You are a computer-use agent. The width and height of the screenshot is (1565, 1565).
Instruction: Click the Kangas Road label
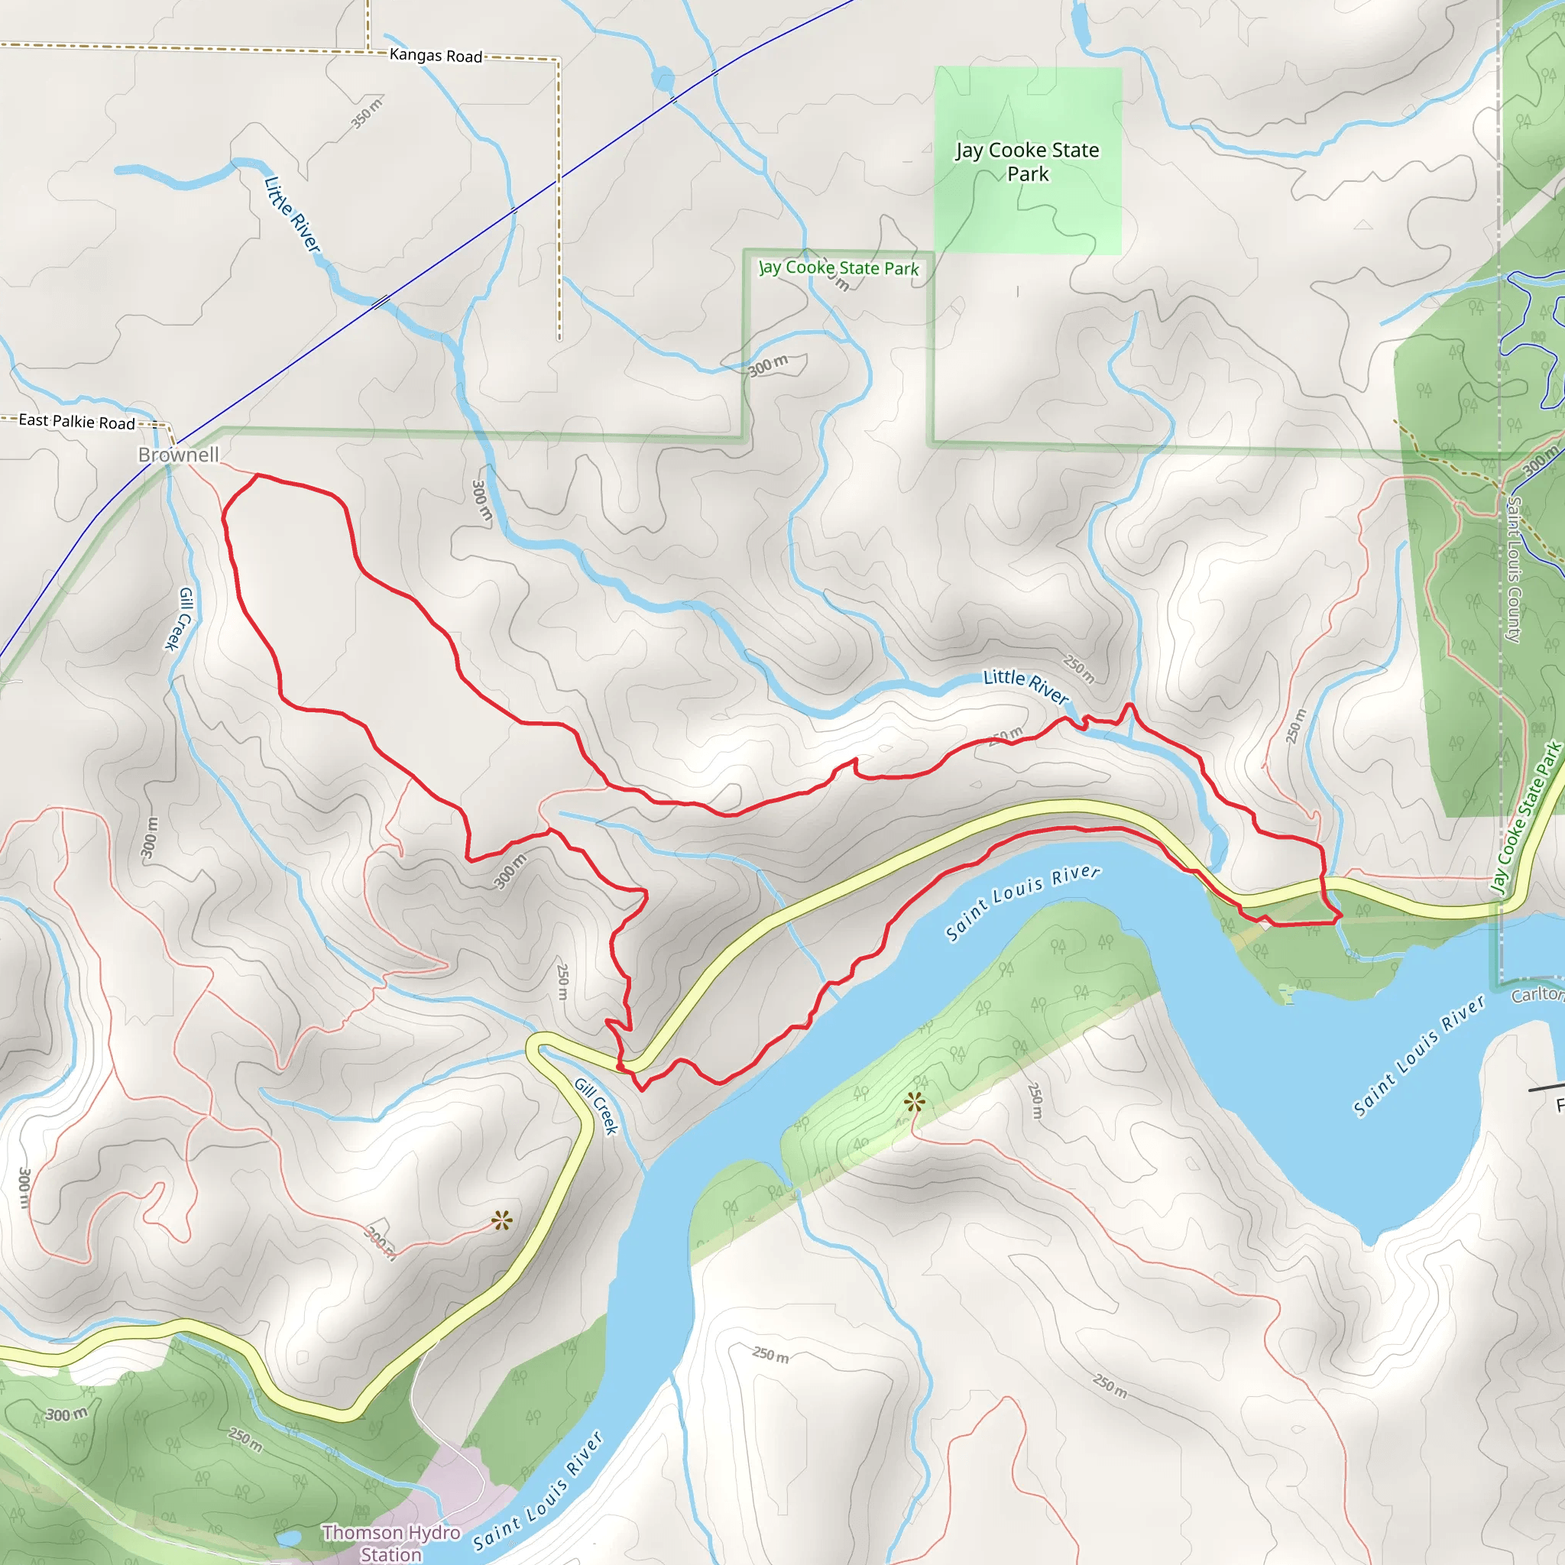point(436,55)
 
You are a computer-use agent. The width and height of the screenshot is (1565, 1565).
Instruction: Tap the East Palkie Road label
point(77,421)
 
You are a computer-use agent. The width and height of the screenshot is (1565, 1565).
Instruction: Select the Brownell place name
point(178,455)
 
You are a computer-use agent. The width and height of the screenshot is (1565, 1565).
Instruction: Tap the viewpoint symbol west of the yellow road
point(501,1220)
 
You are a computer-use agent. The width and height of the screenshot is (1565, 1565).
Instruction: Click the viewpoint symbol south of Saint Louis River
point(915,1102)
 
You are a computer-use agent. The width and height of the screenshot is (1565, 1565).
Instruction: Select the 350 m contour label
point(367,112)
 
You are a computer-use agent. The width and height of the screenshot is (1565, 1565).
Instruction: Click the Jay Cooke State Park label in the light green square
point(1027,161)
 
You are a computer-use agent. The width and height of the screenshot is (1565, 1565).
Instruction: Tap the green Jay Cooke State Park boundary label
point(838,268)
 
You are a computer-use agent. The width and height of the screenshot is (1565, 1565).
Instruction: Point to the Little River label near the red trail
point(1026,686)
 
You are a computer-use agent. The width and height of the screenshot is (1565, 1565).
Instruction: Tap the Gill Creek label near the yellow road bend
point(597,1106)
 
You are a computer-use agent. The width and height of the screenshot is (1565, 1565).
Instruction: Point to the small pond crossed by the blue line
point(663,79)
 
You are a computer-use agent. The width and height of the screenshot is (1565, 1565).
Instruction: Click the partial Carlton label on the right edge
point(1539,994)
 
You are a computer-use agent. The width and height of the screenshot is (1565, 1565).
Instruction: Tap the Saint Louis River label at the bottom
point(539,1492)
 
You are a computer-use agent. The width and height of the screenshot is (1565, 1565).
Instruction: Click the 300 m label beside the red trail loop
point(510,871)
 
